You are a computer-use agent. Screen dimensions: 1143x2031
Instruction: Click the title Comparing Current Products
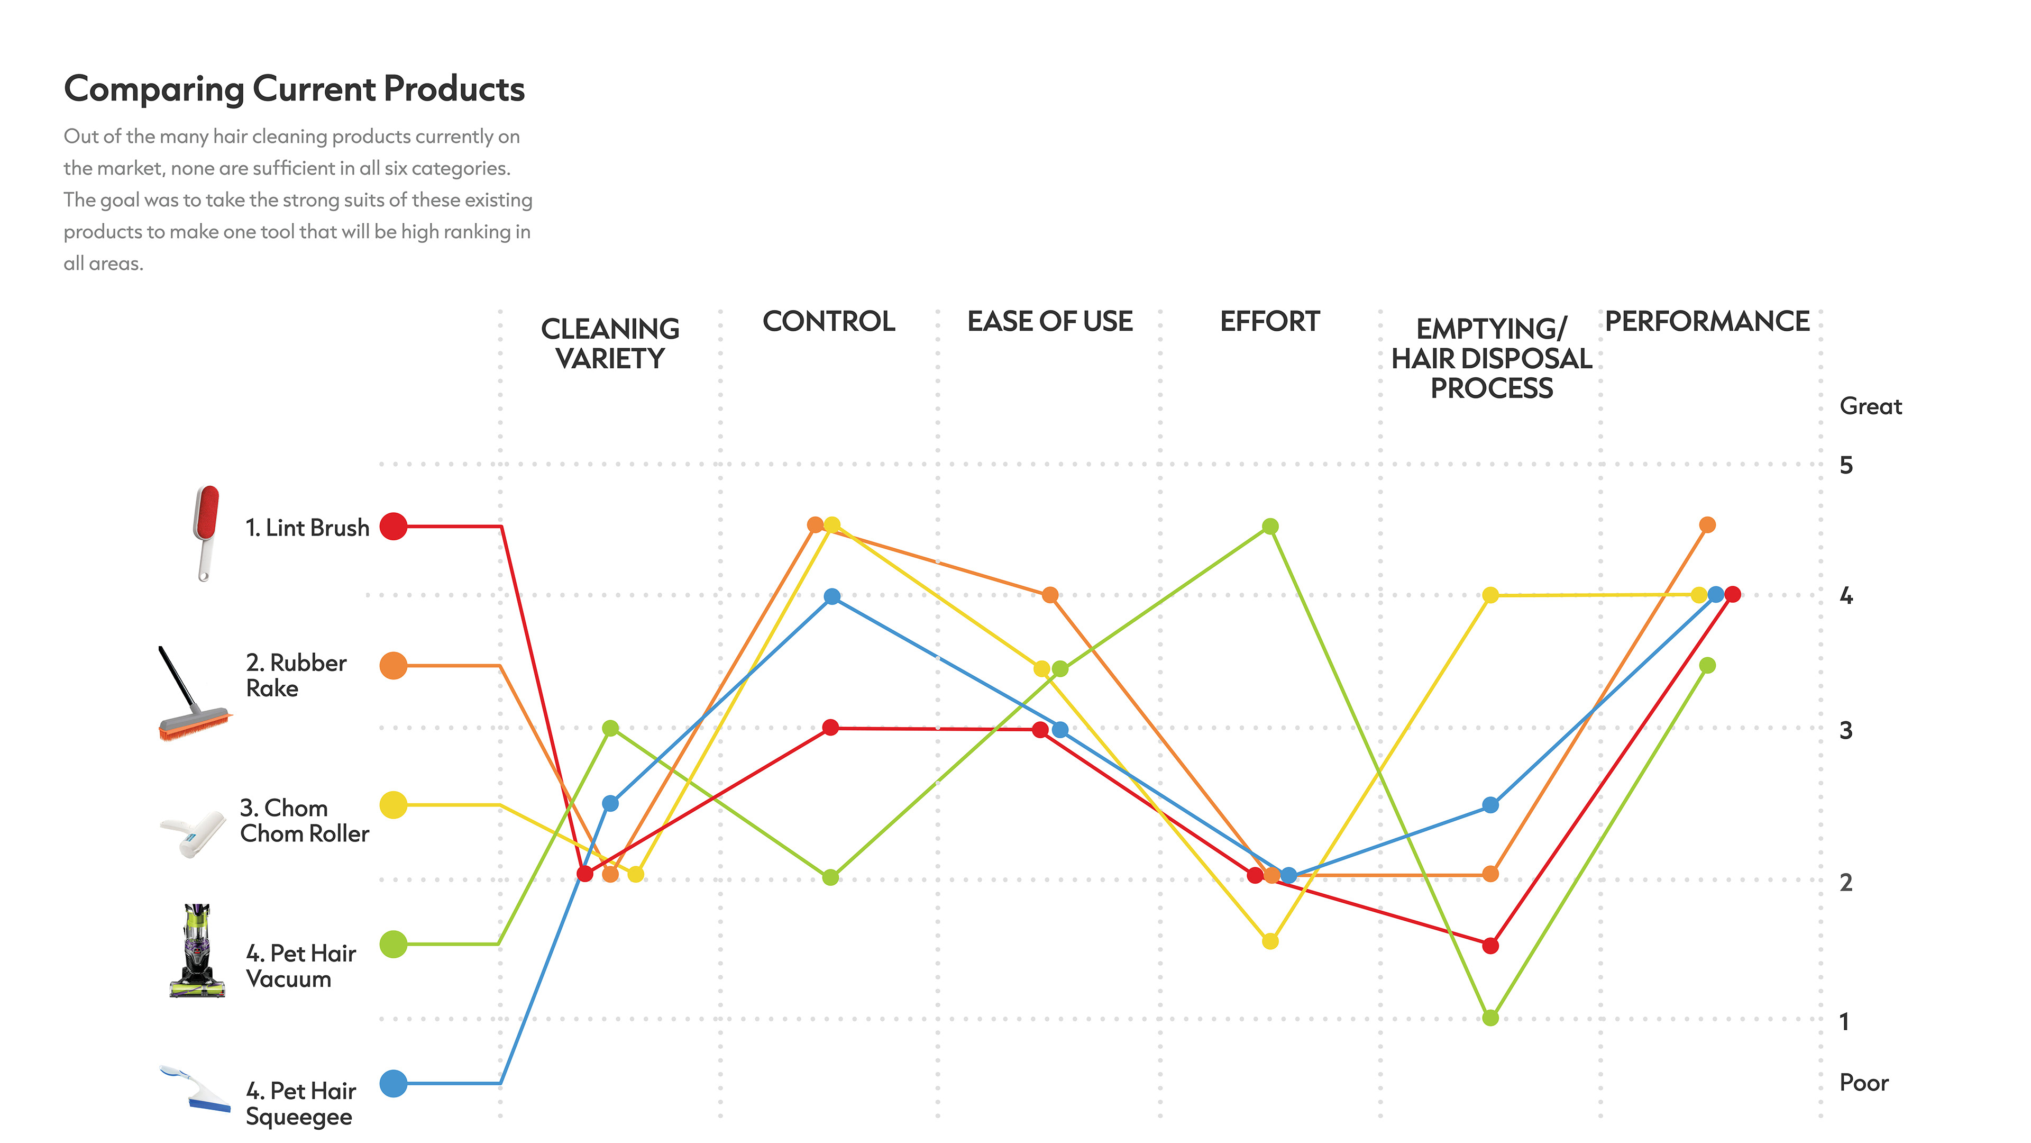[294, 89]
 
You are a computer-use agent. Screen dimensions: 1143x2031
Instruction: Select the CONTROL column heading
[829, 322]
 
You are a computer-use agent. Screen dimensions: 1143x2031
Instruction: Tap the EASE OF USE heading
[1049, 322]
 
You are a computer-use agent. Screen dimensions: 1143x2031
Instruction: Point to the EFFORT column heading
[1269, 322]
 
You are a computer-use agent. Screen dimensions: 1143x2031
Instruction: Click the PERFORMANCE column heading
[1707, 322]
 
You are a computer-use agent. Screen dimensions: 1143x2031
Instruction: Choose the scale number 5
[1846, 466]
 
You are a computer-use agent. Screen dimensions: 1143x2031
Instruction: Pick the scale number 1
[1844, 1022]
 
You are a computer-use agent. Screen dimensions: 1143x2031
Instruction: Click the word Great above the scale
[1870, 407]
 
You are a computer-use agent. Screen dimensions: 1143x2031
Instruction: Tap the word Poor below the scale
[1864, 1083]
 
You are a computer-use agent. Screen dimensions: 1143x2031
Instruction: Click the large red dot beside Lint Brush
[394, 526]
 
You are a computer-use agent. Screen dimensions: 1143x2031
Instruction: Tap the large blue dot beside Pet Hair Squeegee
[394, 1084]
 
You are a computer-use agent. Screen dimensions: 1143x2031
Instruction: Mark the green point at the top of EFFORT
[1270, 526]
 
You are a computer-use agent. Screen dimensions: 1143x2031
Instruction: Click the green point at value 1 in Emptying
[1490, 1018]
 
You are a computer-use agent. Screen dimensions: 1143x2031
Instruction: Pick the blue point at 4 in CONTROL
[832, 597]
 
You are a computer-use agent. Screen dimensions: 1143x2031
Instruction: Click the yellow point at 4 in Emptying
[1490, 595]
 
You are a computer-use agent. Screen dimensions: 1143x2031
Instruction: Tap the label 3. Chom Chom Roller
[304, 821]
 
